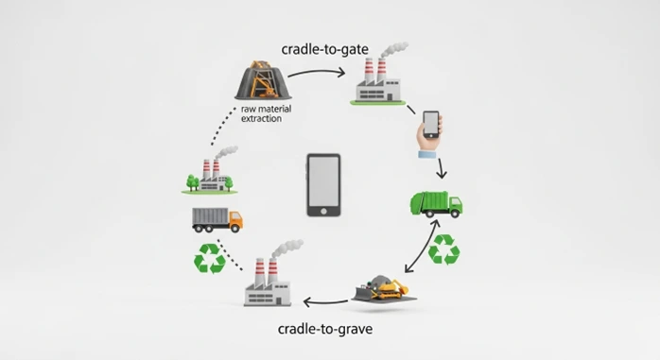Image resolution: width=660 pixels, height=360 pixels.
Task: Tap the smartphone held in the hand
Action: (430, 124)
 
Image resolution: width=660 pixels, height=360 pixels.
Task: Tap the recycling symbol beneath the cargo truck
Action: (210, 259)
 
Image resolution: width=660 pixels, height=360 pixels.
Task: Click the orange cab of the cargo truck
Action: (233, 219)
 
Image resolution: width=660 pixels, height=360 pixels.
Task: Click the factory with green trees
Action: (208, 174)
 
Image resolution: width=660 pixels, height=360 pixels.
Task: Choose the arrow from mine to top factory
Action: (318, 72)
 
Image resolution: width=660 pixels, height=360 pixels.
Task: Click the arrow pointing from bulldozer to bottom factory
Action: (326, 302)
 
